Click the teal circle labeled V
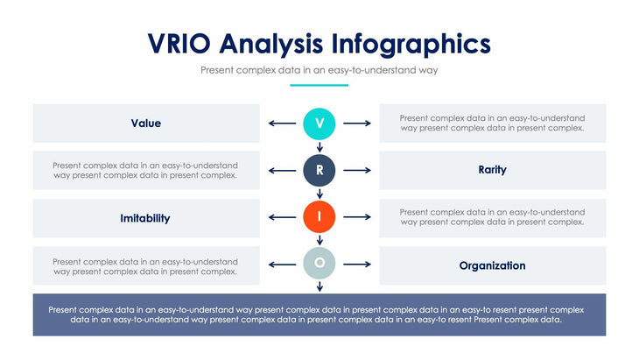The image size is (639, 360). (x=319, y=124)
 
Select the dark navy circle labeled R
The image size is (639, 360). (x=319, y=170)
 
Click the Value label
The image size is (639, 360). (x=146, y=124)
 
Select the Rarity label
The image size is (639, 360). (x=492, y=170)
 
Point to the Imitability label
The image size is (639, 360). (x=145, y=218)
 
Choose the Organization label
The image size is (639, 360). (x=492, y=265)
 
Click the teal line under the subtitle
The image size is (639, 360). (x=319, y=85)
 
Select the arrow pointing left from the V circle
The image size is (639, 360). (x=282, y=124)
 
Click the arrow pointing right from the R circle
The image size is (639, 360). (x=357, y=170)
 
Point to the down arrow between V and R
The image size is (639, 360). (x=319, y=147)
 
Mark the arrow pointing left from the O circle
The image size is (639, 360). (x=282, y=264)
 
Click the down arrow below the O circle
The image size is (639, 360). (x=319, y=286)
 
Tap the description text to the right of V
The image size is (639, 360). (x=492, y=124)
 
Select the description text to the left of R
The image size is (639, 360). (x=145, y=170)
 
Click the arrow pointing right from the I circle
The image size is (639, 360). (x=357, y=217)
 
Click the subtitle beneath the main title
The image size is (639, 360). (x=319, y=69)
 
